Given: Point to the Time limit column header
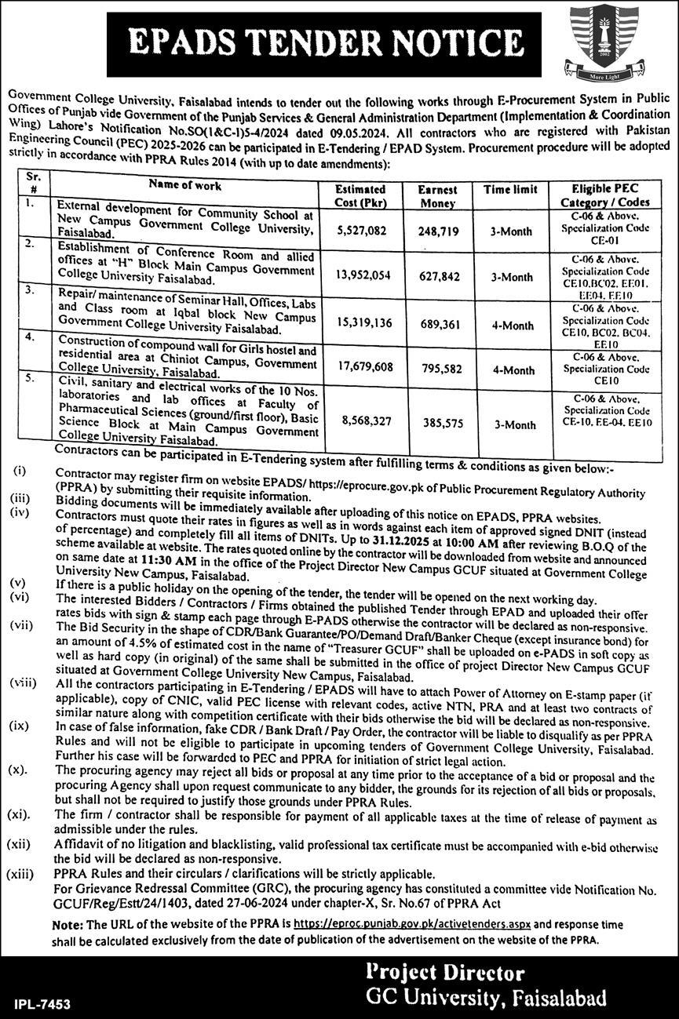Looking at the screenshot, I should [x=510, y=190].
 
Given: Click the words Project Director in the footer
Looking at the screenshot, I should [x=446, y=974].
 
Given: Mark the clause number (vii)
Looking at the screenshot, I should [x=21, y=625].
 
